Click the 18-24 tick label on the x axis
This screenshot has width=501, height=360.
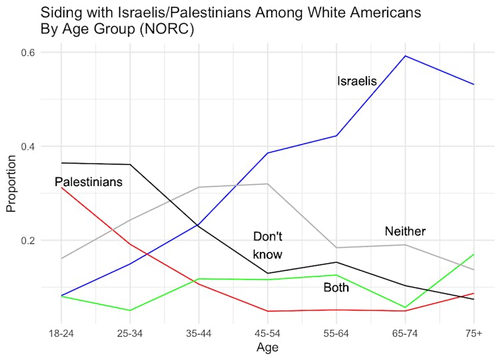pos(61,333)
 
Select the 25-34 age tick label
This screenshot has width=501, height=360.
pos(130,333)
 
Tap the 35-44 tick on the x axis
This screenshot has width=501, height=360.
pos(199,333)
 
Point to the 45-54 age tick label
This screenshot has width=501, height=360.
pos(267,333)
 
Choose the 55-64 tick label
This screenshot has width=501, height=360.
pos(336,333)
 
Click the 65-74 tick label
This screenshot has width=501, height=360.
pos(404,333)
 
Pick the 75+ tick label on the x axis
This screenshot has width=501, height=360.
pos(473,333)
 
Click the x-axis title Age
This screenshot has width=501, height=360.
pos(267,347)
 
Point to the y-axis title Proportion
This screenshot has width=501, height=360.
pos(11,184)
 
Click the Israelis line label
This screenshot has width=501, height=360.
pos(357,81)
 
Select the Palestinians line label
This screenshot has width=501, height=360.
pos(89,182)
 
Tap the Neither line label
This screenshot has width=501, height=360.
pos(404,231)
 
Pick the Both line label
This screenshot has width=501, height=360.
pos(336,288)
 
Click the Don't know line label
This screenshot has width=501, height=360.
pos(268,245)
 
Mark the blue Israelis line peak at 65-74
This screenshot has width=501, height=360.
pos(404,56)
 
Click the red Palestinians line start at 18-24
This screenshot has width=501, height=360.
pos(61,188)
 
